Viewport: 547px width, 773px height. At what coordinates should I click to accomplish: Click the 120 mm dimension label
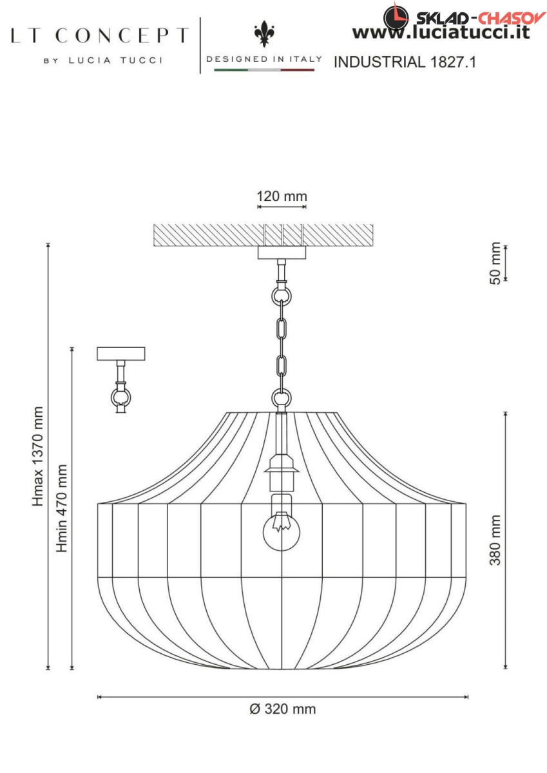[282, 196]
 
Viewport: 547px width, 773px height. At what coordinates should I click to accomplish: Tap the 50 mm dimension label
[495, 263]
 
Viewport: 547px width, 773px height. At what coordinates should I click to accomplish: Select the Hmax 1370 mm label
[39, 456]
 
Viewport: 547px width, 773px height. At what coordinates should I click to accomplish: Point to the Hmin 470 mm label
[62, 508]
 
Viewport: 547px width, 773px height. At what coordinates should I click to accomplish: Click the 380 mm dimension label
[495, 540]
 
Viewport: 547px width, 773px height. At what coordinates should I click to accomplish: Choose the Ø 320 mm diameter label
[282, 709]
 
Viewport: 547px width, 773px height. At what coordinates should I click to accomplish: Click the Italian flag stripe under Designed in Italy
[264, 69]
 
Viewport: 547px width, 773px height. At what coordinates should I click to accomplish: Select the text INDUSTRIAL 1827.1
[405, 62]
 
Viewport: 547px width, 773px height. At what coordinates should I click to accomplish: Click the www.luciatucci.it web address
[441, 32]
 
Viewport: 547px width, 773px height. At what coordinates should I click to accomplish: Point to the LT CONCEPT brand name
[100, 35]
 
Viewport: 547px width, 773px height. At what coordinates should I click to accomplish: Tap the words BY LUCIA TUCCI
[102, 61]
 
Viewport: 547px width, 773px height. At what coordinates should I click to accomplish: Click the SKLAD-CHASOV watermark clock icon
[396, 16]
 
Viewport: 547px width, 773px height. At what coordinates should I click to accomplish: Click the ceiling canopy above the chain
[282, 252]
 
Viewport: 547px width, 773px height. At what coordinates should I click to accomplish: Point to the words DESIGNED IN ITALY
[264, 59]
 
